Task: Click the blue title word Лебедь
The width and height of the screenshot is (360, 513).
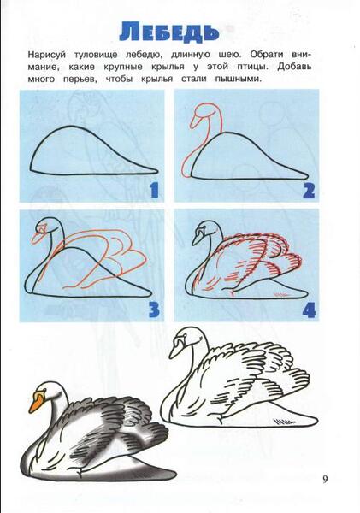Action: [168, 32]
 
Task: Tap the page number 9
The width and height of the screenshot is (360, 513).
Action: [325, 480]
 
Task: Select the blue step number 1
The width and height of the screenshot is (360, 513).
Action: [154, 191]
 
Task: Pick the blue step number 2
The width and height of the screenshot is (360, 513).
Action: [309, 191]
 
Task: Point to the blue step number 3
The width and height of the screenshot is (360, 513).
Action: [154, 310]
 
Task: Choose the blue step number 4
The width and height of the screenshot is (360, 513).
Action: [309, 310]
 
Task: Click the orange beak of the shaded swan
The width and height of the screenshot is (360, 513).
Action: [36, 402]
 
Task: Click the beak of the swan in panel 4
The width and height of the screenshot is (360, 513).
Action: [197, 239]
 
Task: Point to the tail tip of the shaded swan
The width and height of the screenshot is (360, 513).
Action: [175, 473]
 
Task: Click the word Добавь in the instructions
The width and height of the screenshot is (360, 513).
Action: [294, 67]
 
